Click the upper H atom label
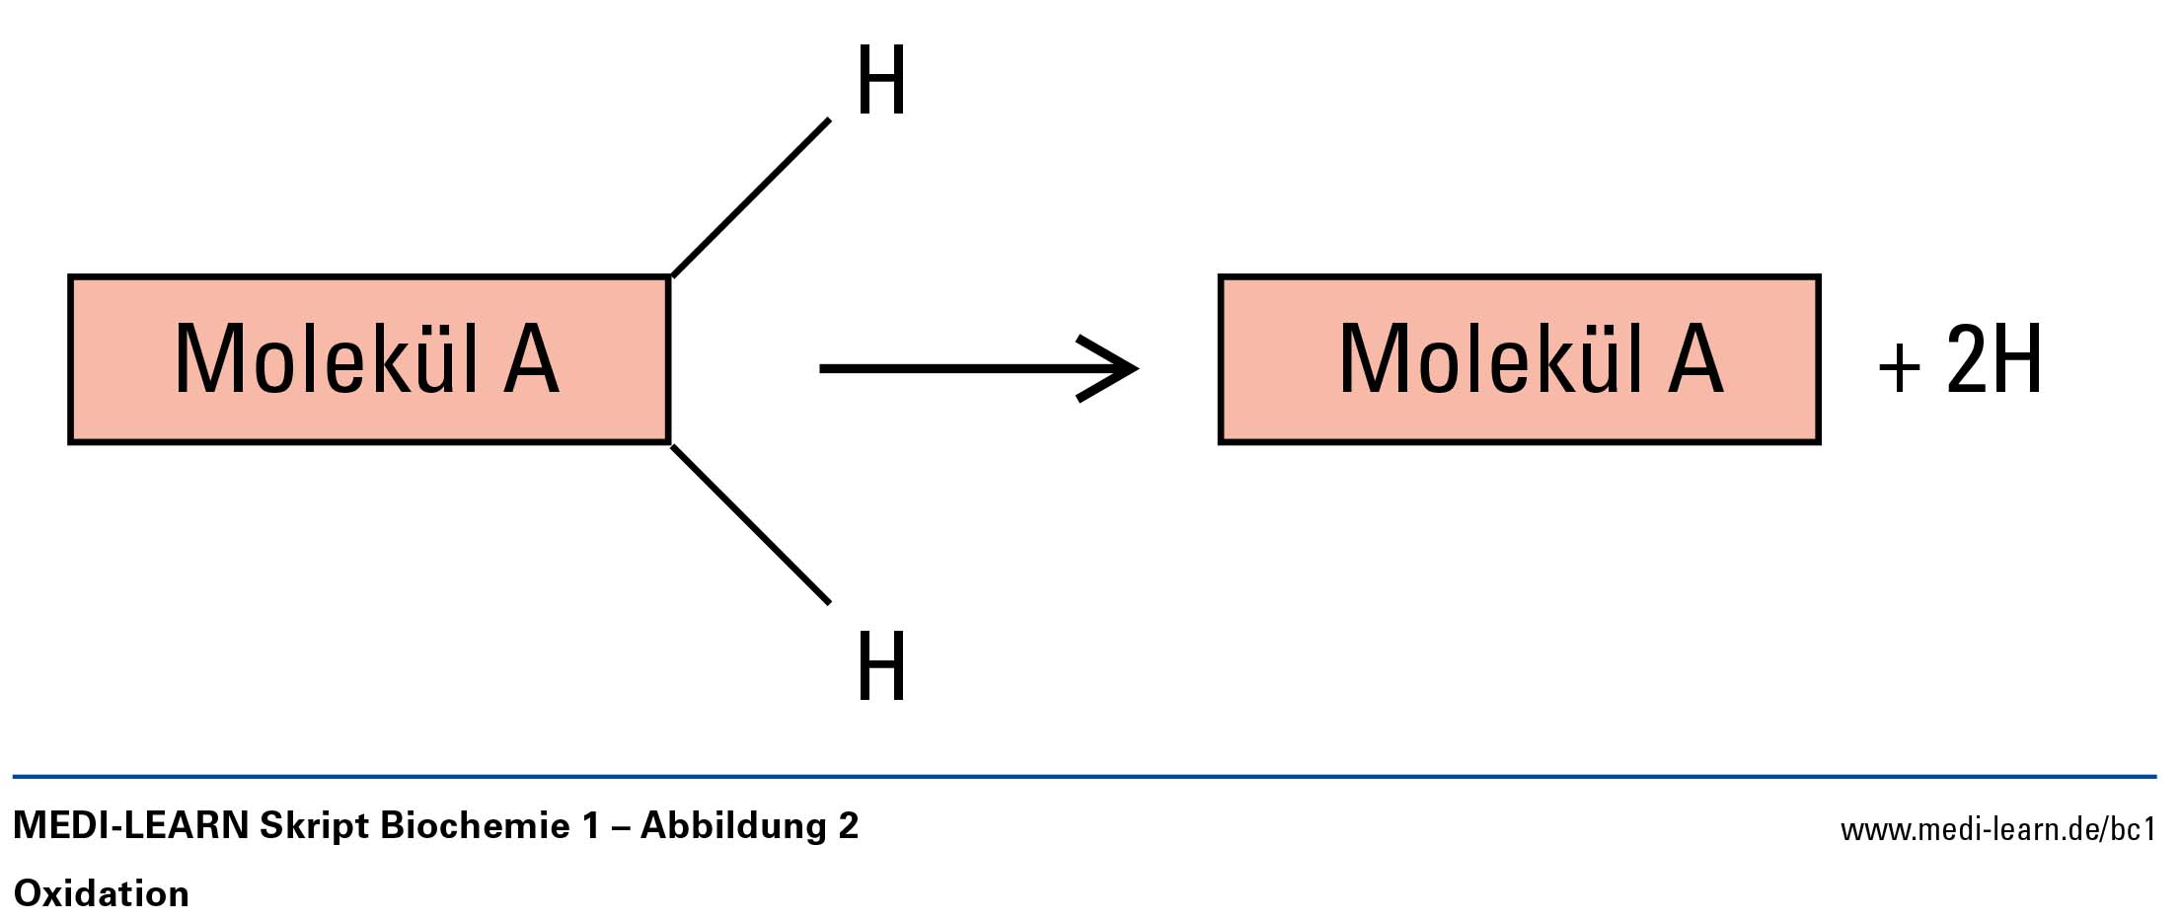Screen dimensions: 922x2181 click(880, 81)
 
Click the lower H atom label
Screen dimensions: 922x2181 click(880, 666)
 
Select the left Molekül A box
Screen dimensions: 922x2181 click(368, 359)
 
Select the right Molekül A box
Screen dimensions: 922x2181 click(1519, 359)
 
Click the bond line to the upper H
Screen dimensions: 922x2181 click(751, 197)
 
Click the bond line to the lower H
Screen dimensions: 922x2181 click(751, 524)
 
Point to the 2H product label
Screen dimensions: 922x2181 click(1993, 359)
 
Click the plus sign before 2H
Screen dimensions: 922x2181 click(1899, 368)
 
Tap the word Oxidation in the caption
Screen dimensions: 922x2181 click(102, 893)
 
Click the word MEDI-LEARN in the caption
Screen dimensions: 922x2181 click(131, 825)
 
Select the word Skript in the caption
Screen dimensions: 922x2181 click(314, 825)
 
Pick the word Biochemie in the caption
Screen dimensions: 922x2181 click(475, 825)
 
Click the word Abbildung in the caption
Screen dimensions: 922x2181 click(733, 825)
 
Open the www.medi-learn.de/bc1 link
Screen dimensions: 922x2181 click(1997, 829)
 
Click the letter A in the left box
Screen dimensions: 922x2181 click(531, 359)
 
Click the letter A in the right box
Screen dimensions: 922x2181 click(1695, 359)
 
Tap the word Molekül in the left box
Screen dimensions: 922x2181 click(327, 359)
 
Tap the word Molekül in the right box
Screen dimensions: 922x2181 click(1491, 359)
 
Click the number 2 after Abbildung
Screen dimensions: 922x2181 click(848, 825)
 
